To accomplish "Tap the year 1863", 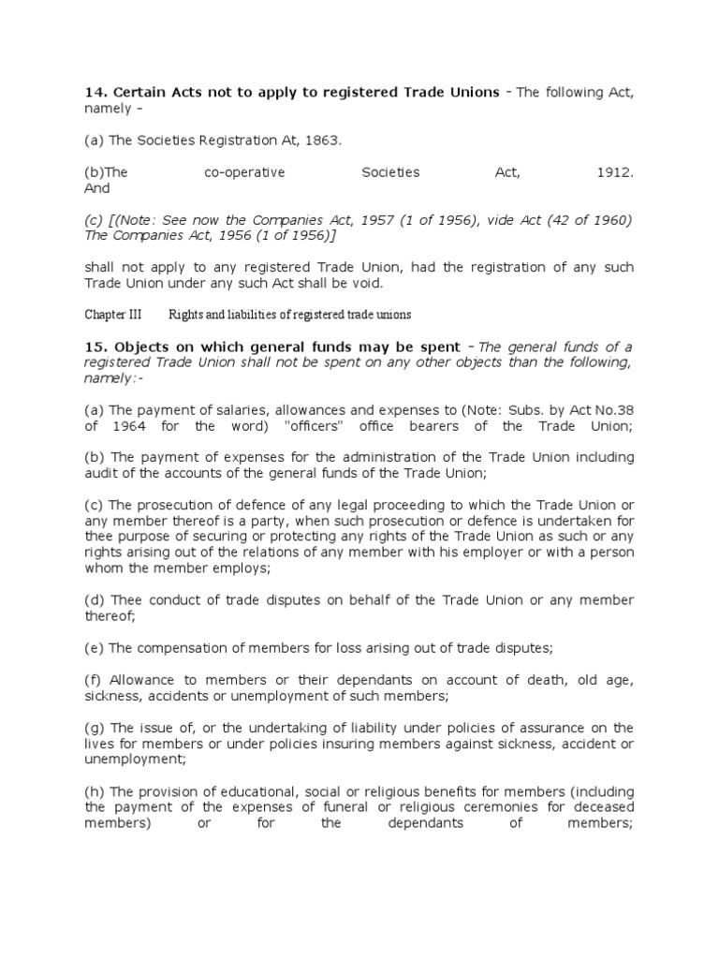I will (322, 140).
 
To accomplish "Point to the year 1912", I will (614, 173).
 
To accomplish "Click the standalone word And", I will (97, 188).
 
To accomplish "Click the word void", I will (366, 283).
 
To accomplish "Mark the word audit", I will (100, 473).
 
